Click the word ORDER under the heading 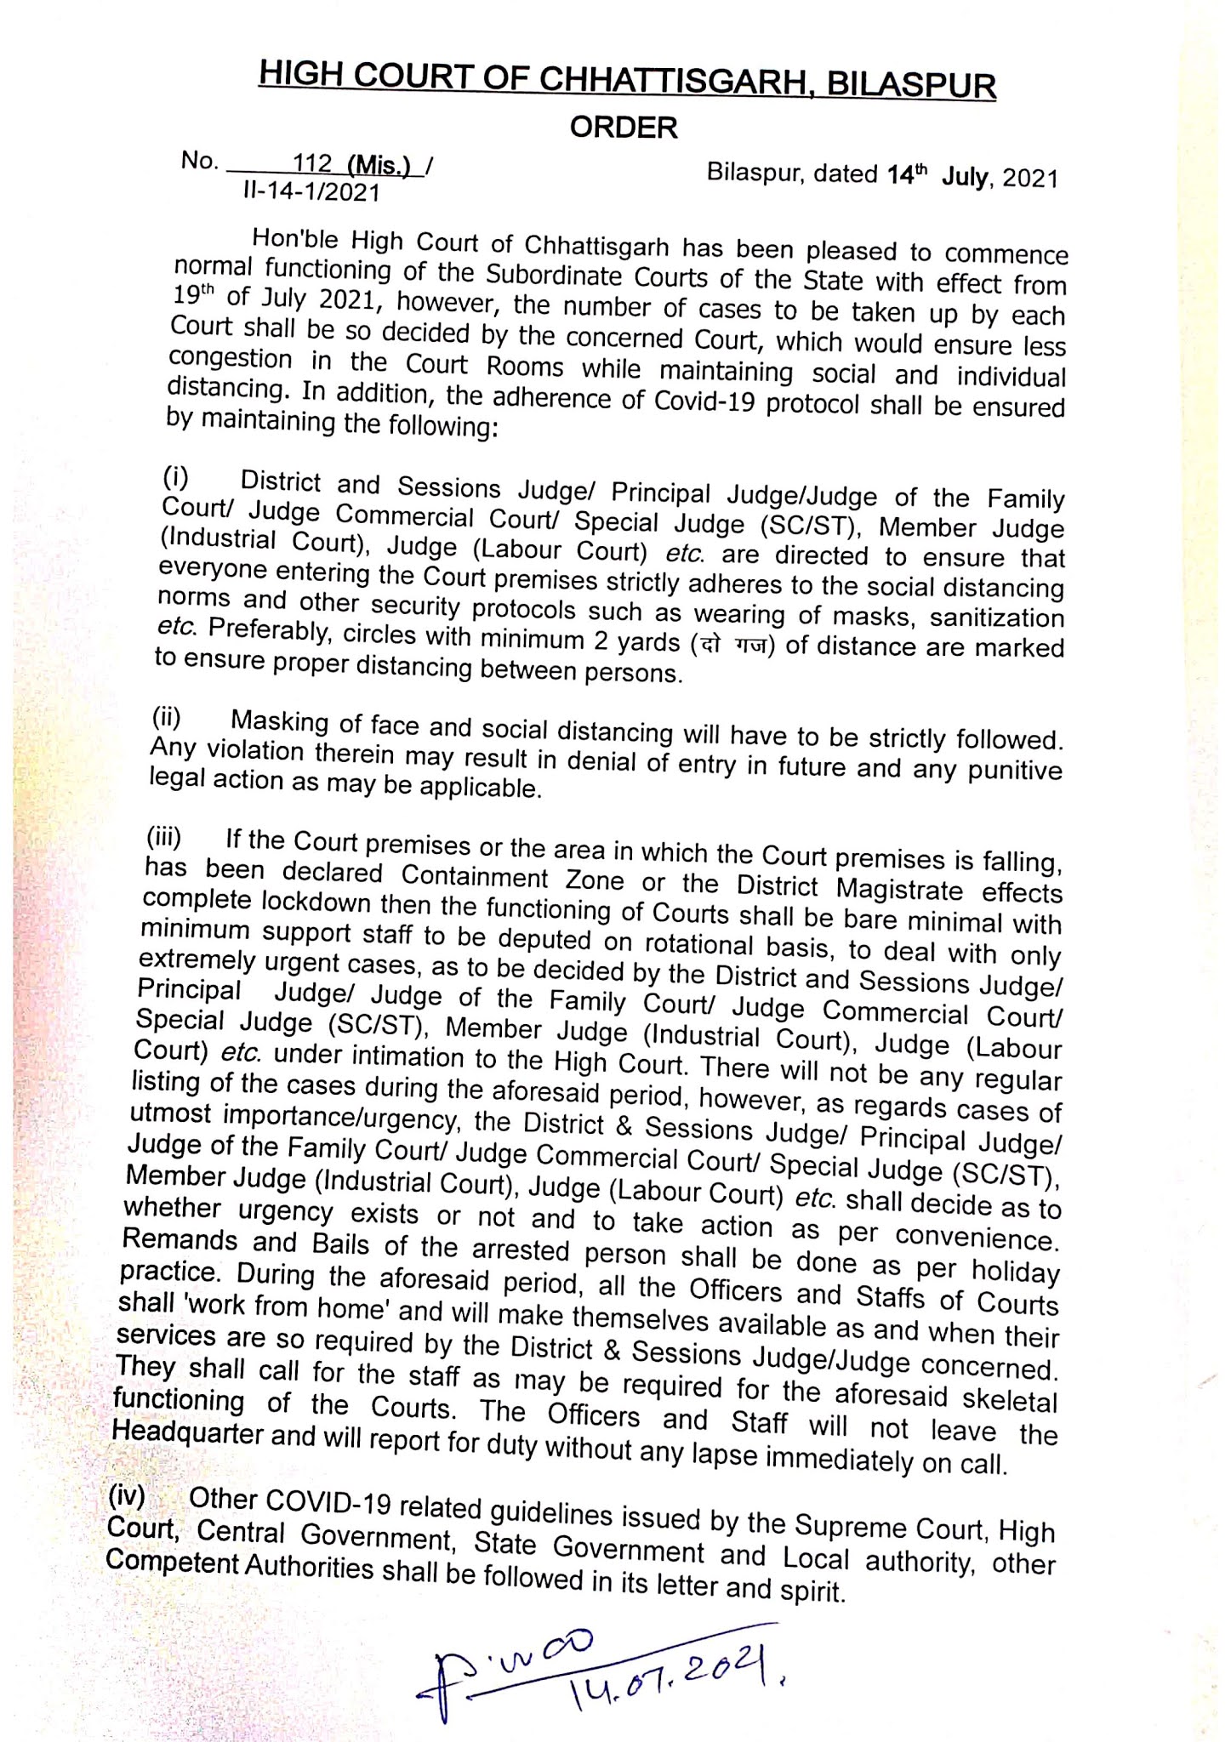click(x=624, y=128)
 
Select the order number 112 click(x=312, y=162)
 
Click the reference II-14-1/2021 click(x=311, y=192)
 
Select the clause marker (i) click(x=175, y=477)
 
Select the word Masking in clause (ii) click(x=280, y=722)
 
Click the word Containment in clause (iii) click(x=475, y=876)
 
